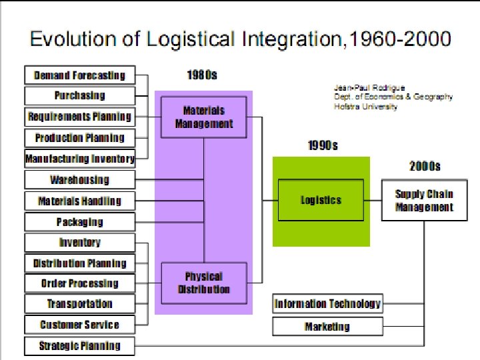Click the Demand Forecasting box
tap(79, 75)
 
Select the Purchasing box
tap(79, 95)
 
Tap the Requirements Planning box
tap(79, 117)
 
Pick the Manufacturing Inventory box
tap(79, 159)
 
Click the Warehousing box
tap(79, 180)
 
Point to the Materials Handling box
tap(79, 201)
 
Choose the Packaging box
tap(79, 222)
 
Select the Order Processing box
tap(79, 283)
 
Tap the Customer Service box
tap(79, 325)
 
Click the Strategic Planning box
tap(79, 346)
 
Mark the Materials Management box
tap(204, 117)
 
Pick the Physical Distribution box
tap(204, 283)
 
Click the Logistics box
tap(321, 200)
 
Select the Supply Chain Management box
tap(424, 201)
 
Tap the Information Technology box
tap(327, 304)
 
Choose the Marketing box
tap(327, 327)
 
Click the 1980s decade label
tap(201, 75)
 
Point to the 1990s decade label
tap(323, 145)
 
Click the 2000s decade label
tap(425, 166)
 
